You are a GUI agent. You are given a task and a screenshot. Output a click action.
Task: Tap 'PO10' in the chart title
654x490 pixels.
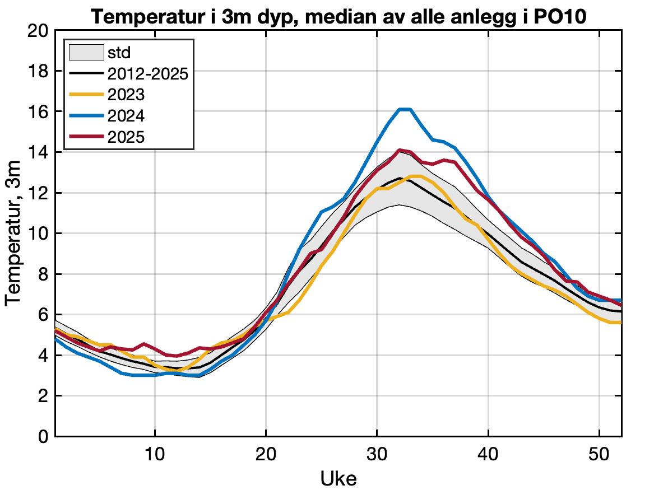(x=556, y=16)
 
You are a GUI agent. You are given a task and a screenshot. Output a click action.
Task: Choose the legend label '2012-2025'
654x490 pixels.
(x=147, y=74)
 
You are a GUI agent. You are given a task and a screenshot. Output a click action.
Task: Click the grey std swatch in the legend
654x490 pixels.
(x=86, y=53)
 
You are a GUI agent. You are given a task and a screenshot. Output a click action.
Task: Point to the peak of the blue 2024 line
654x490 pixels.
(x=405, y=109)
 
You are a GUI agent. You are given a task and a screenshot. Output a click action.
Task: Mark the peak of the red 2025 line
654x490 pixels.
(x=400, y=150)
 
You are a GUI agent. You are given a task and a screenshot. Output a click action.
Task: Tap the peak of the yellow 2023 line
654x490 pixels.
(x=416, y=176)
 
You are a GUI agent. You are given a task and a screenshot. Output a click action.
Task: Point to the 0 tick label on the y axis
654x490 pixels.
(x=42, y=436)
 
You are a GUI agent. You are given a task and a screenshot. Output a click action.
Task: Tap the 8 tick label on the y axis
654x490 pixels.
(x=42, y=274)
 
